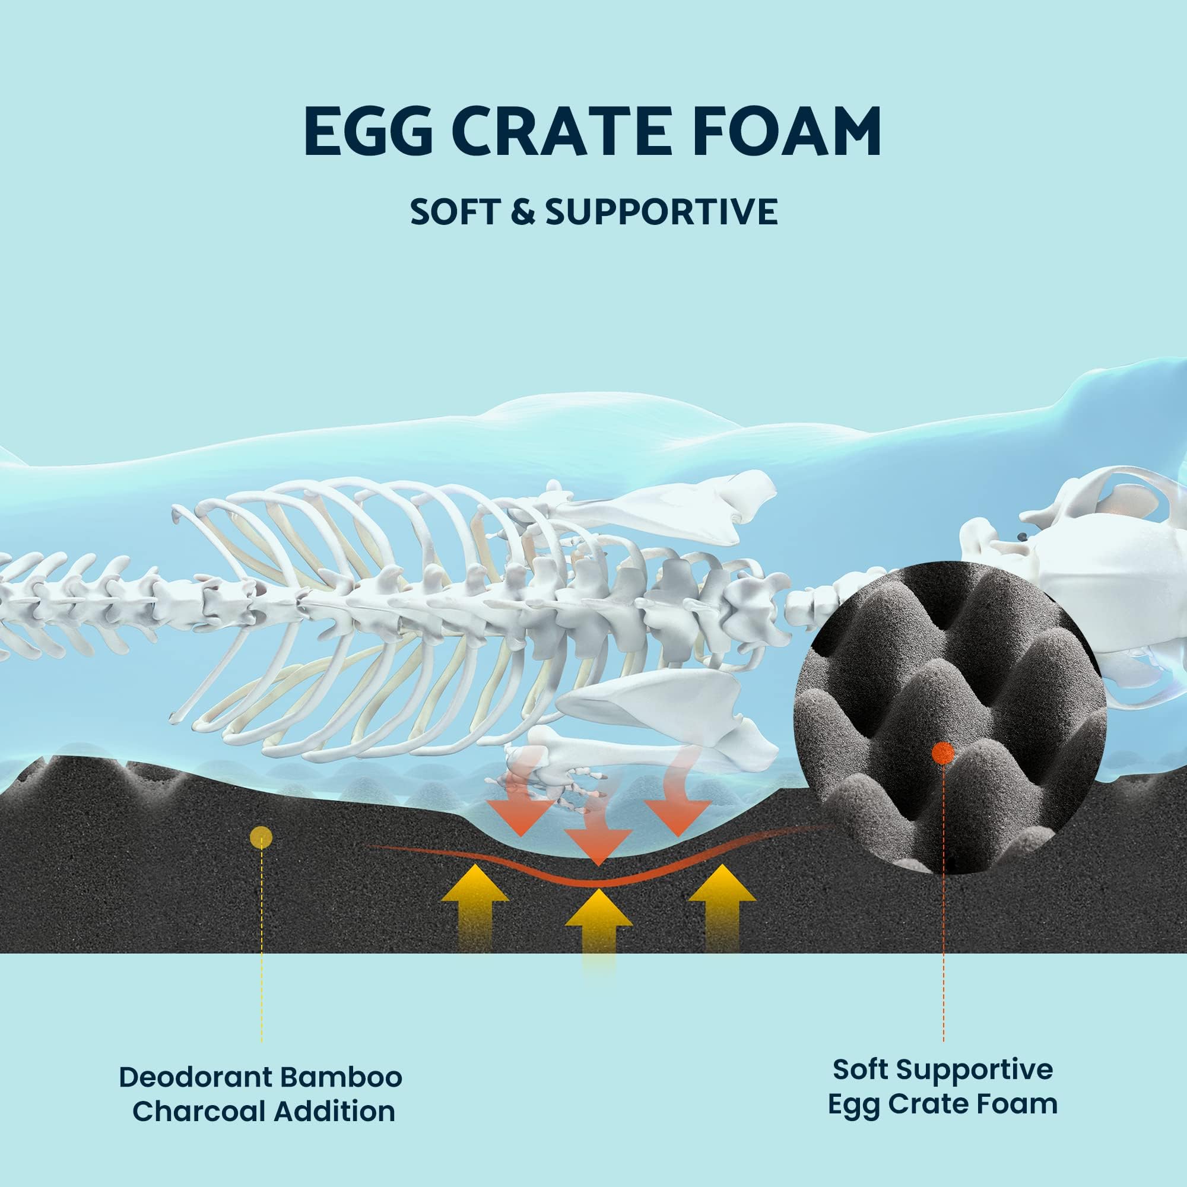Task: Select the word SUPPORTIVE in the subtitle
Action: point(662,212)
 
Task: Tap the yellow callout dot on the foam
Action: point(262,836)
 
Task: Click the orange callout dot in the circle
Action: point(942,752)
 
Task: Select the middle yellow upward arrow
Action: point(598,940)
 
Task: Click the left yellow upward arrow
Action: point(475,910)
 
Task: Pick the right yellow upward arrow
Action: point(722,910)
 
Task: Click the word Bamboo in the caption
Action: point(341,1077)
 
